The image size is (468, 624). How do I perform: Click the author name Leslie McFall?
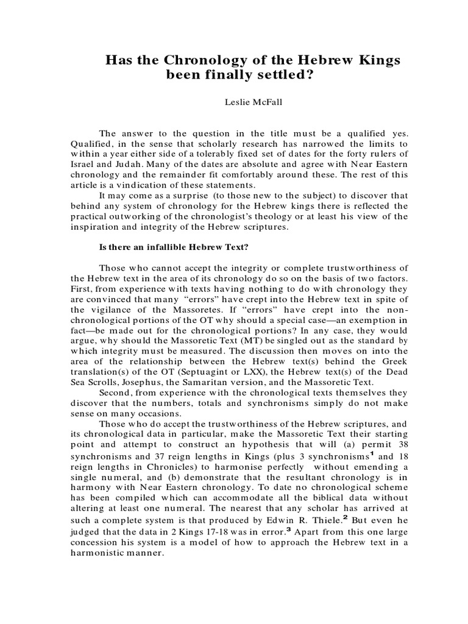coord(233,104)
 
